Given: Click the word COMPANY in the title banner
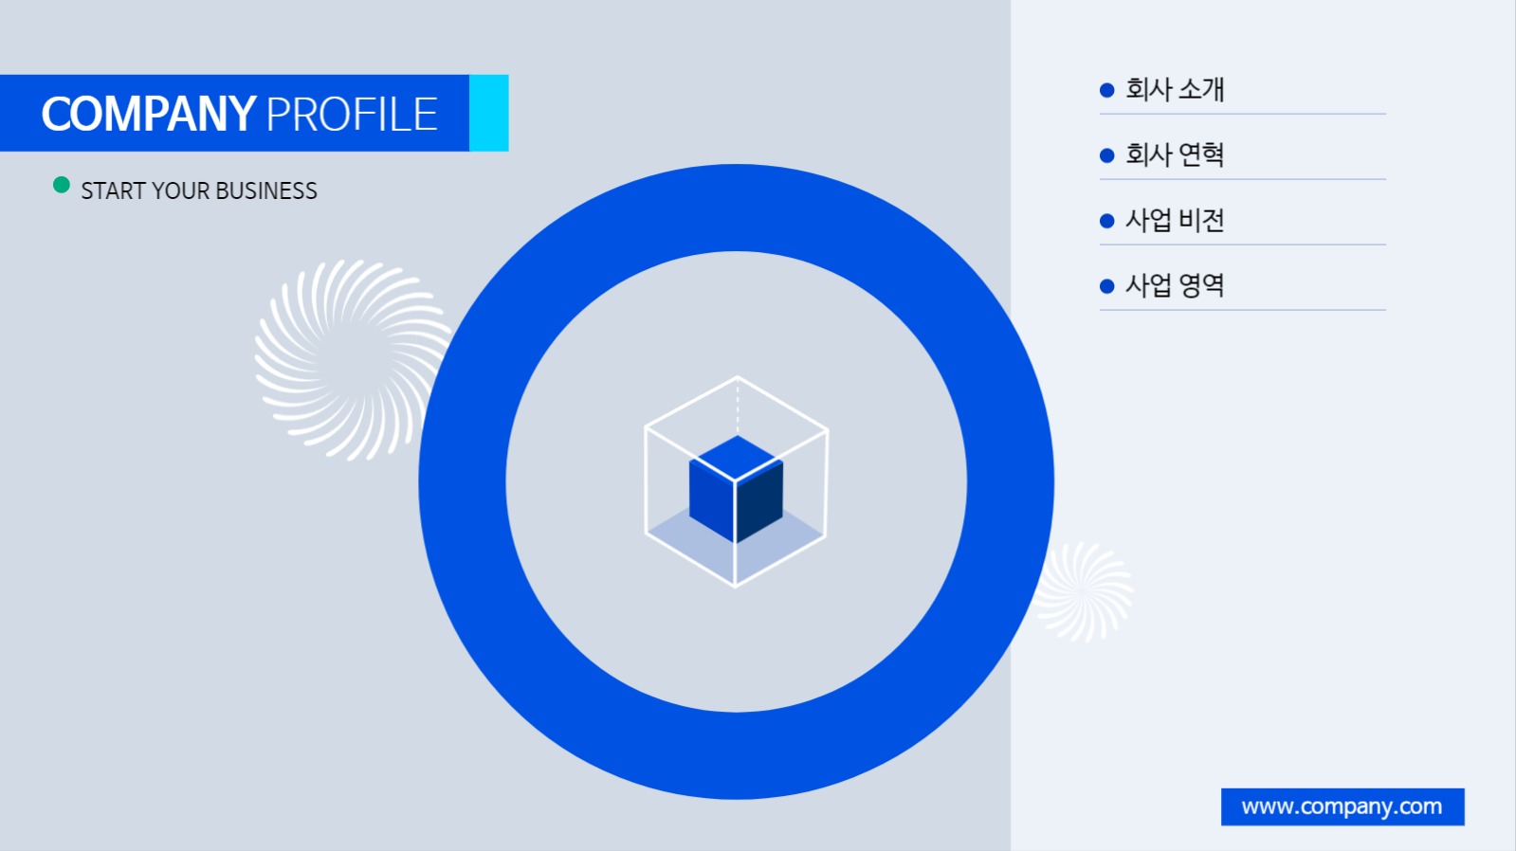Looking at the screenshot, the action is click(149, 114).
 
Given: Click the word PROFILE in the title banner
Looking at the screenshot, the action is click(352, 114).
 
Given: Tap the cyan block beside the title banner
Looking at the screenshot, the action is click(488, 113).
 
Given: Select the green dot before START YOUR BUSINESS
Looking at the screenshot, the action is click(62, 185).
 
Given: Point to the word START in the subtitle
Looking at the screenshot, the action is click(112, 190).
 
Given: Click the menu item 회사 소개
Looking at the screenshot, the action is click(1175, 89).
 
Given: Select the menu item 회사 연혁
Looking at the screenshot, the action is click(1175, 154).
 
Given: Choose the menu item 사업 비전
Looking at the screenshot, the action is click(1175, 220).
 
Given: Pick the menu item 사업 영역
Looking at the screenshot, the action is click(1175, 285).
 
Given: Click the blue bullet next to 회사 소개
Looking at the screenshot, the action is click(1107, 90).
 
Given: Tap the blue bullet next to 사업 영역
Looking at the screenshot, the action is click(1107, 286).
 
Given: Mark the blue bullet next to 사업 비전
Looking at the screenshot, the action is click(1107, 221).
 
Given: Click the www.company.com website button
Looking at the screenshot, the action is click(1342, 806).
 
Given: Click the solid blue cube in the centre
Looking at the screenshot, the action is click(736, 488).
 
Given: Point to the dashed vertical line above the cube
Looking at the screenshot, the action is click(738, 406).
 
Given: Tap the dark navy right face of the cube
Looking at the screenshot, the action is click(759, 501).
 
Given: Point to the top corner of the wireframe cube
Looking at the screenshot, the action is click(738, 377).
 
